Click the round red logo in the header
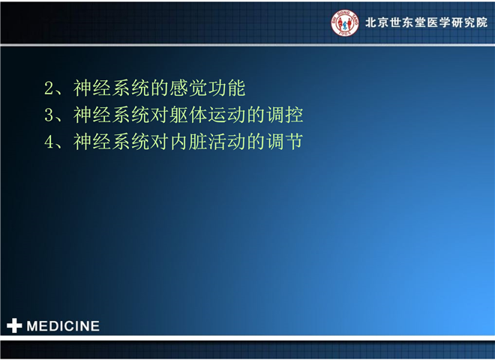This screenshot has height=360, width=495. point(345,22)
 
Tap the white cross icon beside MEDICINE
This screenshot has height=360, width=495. point(14,325)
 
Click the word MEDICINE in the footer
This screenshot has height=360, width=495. point(63,326)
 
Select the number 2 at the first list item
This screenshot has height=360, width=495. point(49,88)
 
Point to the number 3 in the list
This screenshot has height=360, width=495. point(49,115)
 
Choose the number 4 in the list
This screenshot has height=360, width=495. point(49,142)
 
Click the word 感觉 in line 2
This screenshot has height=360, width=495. point(189,88)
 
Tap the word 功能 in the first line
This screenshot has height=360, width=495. point(227,88)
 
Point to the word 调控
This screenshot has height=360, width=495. point(285,115)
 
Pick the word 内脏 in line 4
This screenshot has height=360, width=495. point(188,142)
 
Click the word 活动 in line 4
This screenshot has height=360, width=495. point(227,142)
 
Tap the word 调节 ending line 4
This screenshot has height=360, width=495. point(285,142)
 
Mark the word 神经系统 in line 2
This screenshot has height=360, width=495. point(112,88)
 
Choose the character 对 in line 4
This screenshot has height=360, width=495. point(160,142)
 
